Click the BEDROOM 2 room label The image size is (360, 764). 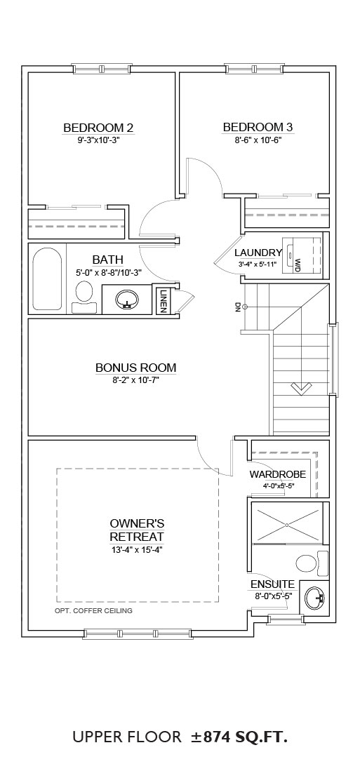(98, 128)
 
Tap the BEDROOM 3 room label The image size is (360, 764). (258, 127)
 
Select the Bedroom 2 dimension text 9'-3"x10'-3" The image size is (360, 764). (99, 140)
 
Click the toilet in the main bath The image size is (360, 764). (84, 297)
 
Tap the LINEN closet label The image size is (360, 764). (162, 302)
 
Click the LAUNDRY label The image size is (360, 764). (258, 253)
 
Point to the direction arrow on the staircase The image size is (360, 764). (301, 388)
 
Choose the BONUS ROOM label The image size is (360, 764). (135, 368)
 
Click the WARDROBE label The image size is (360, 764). (278, 474)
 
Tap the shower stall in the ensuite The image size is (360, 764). (287, 525)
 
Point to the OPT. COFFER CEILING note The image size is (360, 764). (93, 610)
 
